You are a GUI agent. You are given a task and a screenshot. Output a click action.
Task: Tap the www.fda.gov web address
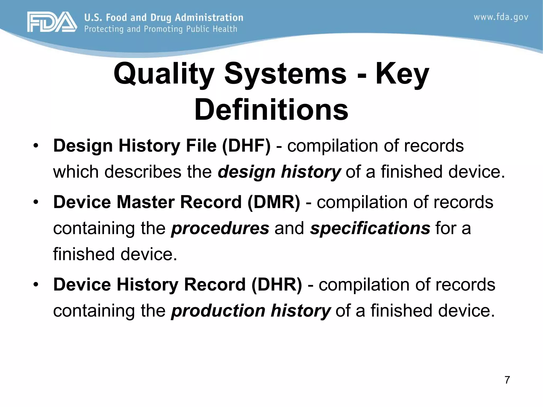[501, 17]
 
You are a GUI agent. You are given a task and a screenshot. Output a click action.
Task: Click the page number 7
[507, 380]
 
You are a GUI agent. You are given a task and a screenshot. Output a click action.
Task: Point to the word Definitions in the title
[271, 109]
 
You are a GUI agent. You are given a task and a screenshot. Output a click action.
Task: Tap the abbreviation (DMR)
[274, 202]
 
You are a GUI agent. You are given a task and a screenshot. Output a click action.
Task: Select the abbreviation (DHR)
[277, 285]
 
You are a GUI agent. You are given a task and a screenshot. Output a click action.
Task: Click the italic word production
[218, 311]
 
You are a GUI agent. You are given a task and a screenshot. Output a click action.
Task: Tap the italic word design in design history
[246, 172]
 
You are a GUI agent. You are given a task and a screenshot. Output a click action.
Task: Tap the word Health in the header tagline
[225, 29]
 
